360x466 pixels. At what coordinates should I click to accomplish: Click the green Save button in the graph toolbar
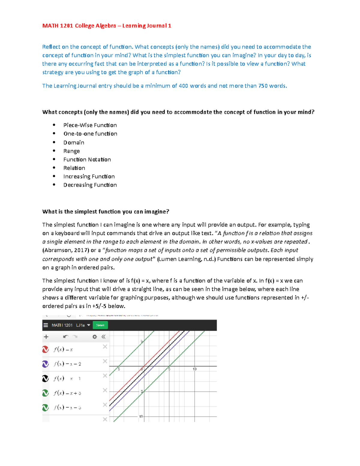[100, 325]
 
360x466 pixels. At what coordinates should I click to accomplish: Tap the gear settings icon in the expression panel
[95, 337]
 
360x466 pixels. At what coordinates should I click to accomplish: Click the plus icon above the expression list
[46, 337]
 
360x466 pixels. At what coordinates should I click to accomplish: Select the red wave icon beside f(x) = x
[46, 349]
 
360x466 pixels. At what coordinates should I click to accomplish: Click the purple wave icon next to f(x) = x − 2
[46, 364]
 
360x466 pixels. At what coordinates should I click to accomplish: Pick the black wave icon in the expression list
[46, 378]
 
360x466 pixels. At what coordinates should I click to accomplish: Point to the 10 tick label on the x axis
[195, 369]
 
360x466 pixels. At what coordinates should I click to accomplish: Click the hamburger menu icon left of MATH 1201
[46, 325]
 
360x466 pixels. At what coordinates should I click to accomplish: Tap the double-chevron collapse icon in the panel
[103, 337]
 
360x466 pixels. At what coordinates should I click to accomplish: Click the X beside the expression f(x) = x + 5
[105, 390]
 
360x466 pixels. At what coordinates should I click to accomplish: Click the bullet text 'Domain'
[74, 143]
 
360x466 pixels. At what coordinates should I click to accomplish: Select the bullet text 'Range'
[71, 151]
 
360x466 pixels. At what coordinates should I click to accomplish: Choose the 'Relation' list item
[74, 168]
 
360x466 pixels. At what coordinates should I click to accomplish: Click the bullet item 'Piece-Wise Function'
[90, 125]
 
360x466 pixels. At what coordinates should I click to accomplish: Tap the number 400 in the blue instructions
[183, 86]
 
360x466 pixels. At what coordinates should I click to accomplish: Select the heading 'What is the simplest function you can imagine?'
[106, 212]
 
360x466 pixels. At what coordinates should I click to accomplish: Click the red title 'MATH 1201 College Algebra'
[79, 26]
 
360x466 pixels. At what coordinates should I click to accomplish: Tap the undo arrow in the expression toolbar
[66, 337]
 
